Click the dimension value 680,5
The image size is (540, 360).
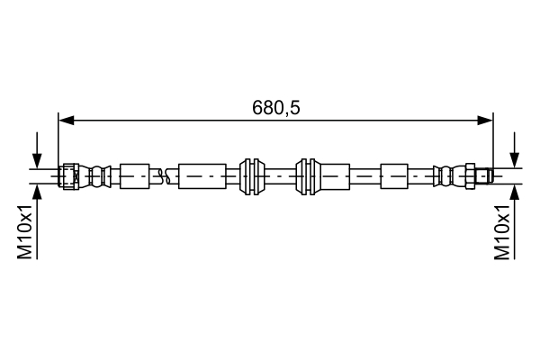(x=275, y=107)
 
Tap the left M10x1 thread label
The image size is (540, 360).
(x=26, y=232)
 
